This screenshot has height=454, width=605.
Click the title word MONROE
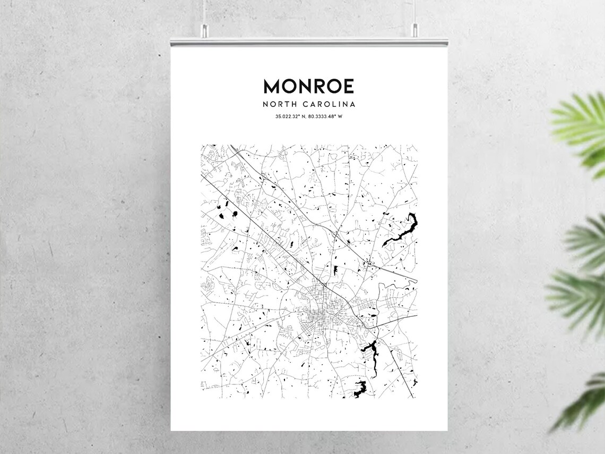coord(308,86)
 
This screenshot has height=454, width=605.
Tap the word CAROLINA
coord(330,104)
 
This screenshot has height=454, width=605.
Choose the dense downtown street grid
coord(318,308)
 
